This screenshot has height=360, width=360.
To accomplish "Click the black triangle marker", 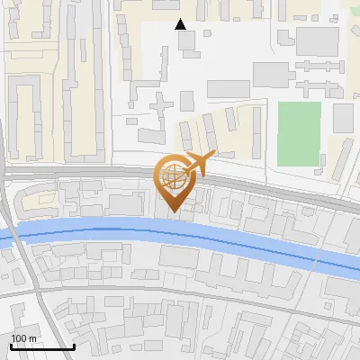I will pyautogui.click(x=181, y=24).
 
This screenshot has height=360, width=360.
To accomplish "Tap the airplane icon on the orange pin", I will pyautogui.click(x=198, y=164).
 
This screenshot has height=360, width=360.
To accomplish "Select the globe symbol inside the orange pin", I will pyautogui.click(x=174, y=175).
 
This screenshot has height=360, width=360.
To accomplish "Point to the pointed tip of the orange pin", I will pyautogui.click(x=174, y=213).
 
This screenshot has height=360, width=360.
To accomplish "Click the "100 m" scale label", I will pyautogui.click(x=23, y=338).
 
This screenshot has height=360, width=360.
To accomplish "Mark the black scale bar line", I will pyautogui.click(x=42, y=346).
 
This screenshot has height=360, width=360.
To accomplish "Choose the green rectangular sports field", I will pyautogui.click(x=299, y=132).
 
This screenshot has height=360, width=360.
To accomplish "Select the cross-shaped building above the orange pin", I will pyautogui.click(x=161, y=111).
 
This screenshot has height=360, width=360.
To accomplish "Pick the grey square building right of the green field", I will pyautogui.click(x=344, y=118).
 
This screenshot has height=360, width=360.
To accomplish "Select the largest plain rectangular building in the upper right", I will pyautogui.click(x=317, y=40).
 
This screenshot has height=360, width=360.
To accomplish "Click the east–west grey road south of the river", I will pyautogui.click(x=180, y=296).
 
